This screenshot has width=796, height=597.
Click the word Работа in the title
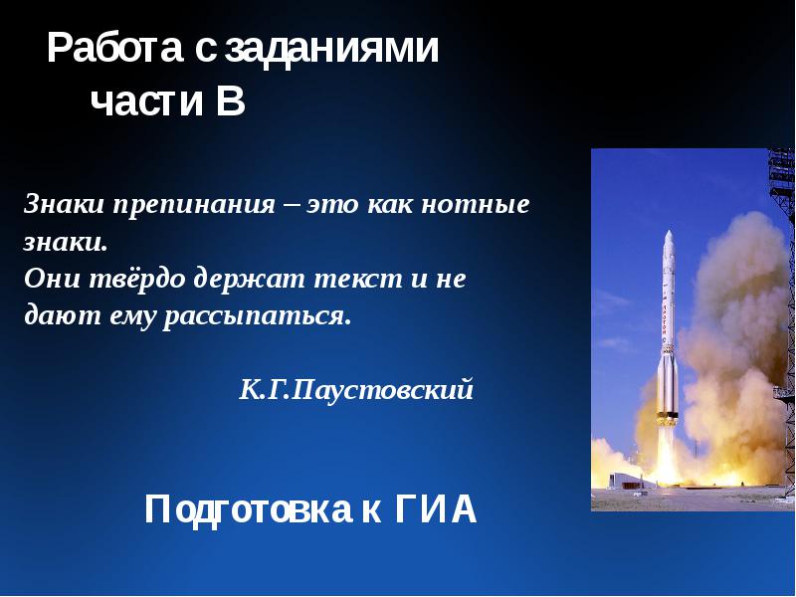114,48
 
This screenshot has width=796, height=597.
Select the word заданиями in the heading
331,49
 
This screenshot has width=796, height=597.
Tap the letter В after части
231,100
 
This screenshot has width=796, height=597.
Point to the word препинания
194,206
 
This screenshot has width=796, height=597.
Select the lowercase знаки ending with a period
66,242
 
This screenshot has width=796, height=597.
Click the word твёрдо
137,279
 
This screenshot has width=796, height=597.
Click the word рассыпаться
257,317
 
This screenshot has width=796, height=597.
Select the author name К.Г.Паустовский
356,390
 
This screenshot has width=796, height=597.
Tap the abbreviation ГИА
436,509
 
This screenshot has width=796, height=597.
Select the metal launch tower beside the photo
782,325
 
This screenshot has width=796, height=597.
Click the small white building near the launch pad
626,481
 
